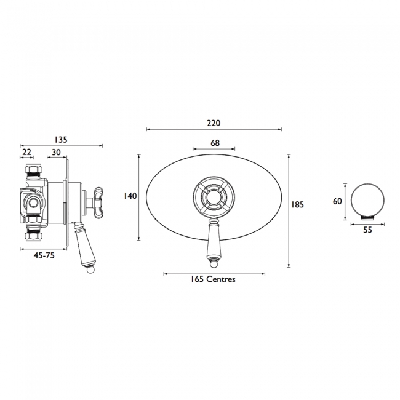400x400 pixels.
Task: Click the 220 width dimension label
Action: (214, 122)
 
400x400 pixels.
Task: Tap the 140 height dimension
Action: (130, 196)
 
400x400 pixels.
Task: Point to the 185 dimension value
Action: (298, 205)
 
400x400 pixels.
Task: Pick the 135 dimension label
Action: (60, 140)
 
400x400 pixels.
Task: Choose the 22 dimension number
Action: (27, 152)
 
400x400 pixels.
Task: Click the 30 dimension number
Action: (56, 152)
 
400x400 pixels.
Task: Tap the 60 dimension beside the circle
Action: (337, 201)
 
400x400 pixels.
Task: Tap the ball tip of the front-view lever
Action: (214, 265)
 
